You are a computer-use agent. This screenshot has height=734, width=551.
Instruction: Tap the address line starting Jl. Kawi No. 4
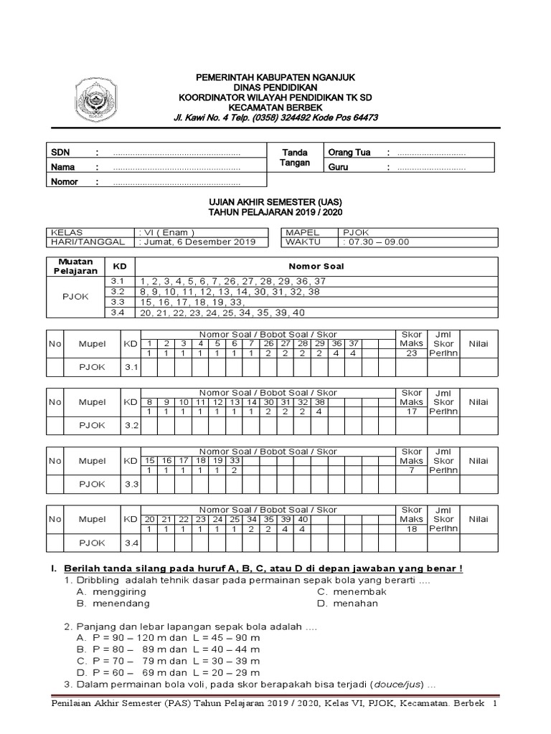click(x=275, y=118)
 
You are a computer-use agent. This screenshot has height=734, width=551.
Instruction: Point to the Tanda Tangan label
click(x=295, y=158)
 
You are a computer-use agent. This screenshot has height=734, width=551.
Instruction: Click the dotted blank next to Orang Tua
click(x=431, y=153)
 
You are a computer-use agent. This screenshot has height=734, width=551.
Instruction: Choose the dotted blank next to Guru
click(x=431, y=168)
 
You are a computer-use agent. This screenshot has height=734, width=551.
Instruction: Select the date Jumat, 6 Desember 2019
click(x=198, y=242)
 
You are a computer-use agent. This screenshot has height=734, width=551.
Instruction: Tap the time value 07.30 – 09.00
click(x=378, y=242)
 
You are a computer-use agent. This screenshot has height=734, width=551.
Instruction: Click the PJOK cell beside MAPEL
click(x=357, y=233)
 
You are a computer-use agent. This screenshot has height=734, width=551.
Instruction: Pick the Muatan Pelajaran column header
click(x=76, y=267)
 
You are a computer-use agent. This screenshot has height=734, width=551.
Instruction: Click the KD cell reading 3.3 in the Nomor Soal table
click(x=118, y=302)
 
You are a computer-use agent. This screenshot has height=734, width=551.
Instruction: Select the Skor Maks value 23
click(x=411, y=353)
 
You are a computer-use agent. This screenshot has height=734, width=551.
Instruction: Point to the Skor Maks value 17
click(x=411, y=411)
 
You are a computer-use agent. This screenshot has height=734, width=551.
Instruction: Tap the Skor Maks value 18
click(x=411, y=529)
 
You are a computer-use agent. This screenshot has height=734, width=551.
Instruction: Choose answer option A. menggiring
click(x=111, y=591)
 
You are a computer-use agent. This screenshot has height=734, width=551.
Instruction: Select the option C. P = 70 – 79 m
click(x=168, y=660)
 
